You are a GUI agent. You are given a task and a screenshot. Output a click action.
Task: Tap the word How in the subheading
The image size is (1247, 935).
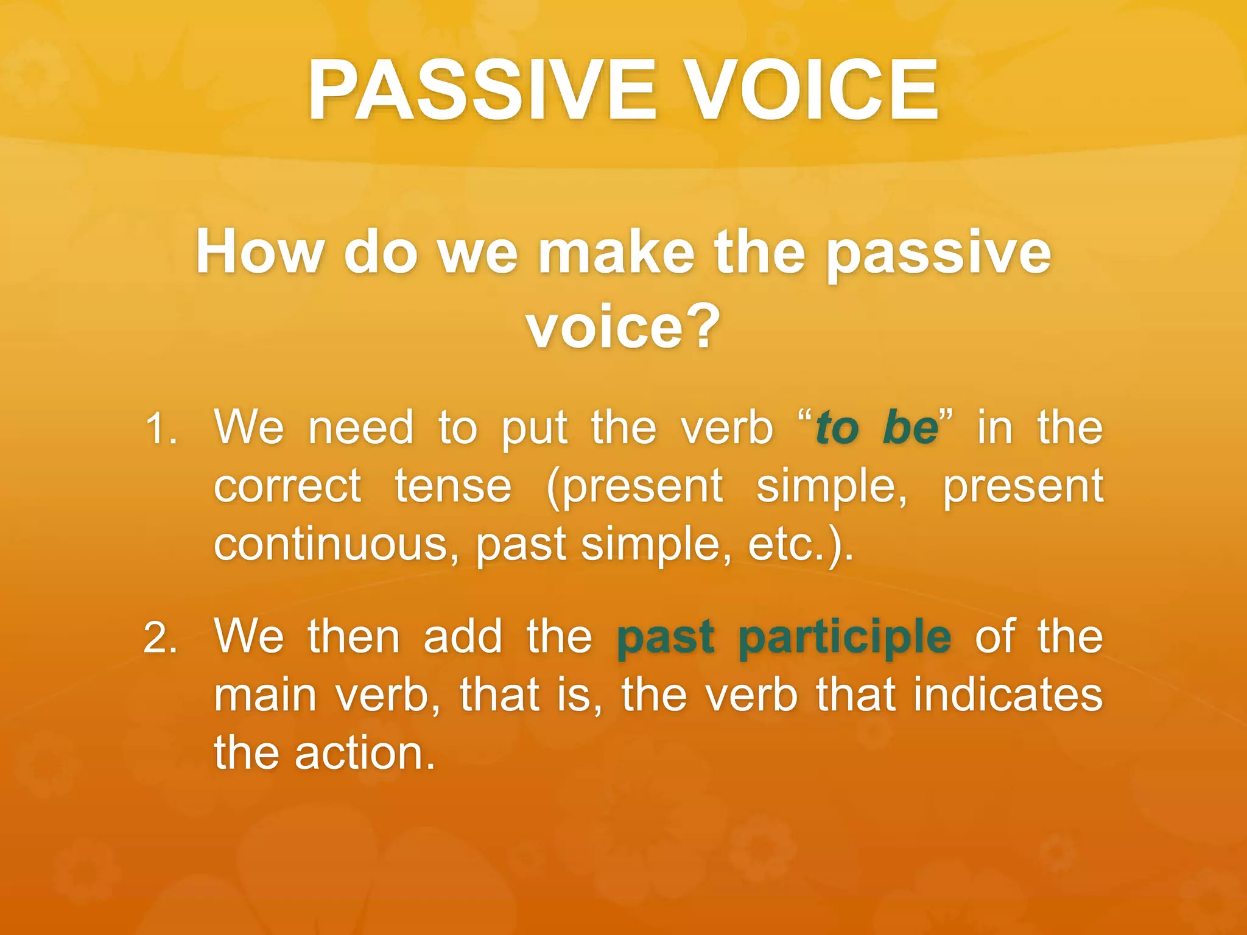point(259,252)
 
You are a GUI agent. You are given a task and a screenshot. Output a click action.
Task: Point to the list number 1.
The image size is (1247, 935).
point(161,429)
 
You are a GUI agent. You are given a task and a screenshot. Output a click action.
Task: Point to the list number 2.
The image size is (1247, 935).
point(161,638)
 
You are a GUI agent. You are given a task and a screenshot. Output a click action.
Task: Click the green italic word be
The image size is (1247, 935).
point(911,427)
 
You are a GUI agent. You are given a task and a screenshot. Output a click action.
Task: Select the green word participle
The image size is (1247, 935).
point(845,638)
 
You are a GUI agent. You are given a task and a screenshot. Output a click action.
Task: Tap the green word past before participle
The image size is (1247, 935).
point(665,638)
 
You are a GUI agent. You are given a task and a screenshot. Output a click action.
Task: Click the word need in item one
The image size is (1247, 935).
point(360,427)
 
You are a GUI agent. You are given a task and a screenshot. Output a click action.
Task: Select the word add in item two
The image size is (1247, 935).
point(463,637)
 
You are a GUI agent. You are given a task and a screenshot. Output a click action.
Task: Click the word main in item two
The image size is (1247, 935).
point(265,695)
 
